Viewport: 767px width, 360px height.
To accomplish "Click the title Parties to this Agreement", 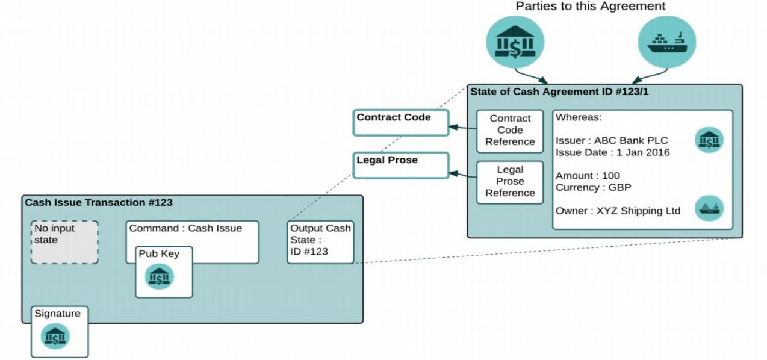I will point(590,7).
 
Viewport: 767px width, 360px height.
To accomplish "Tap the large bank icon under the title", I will point(515,42).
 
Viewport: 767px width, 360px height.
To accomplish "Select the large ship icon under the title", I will point(666,42).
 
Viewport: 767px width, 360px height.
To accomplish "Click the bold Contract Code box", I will point(400,122).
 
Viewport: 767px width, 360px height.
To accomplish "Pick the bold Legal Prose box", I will point(400,165).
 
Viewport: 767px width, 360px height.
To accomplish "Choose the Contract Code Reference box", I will point(510,131).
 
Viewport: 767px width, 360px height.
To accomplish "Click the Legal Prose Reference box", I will point(510,182).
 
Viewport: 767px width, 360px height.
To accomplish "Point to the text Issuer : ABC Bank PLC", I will point(611,141).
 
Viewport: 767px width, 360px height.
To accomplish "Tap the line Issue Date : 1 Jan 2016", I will point(612,152).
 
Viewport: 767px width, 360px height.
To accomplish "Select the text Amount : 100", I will point(588,176).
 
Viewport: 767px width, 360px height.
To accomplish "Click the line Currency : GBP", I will point(593,187).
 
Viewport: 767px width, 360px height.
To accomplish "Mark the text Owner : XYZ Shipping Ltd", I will point(618,211).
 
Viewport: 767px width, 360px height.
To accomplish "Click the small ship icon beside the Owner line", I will point(709,209).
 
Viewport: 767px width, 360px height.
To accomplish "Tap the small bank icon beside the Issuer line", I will point(709,140).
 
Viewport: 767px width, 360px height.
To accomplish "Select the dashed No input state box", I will point(64,242).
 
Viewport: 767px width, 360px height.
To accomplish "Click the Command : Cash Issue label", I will point(185,229).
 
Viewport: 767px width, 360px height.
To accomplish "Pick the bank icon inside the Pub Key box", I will point(160,277).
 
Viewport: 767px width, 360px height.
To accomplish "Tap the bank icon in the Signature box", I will point(55,337).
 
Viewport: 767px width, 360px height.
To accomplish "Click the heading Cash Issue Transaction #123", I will point(99,203).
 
